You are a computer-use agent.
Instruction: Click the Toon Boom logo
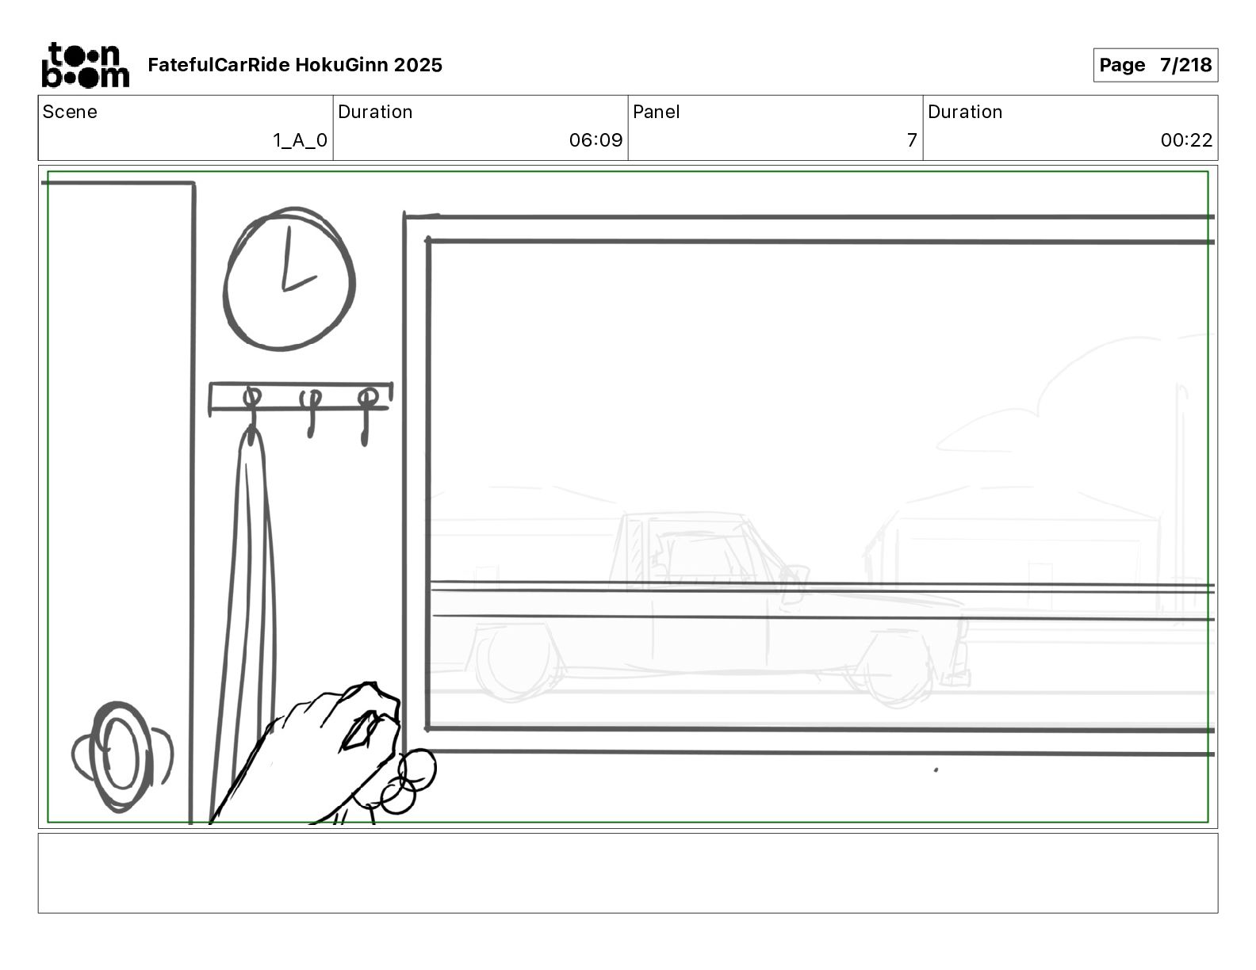(86, 65)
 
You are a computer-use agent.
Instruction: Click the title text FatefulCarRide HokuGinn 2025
(295, 65)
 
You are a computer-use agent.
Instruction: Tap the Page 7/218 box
(1155, 65)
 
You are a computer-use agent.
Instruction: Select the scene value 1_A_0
(300, 139)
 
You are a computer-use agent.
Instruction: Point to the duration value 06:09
(596, 139)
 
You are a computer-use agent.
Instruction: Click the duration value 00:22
(1186, 139)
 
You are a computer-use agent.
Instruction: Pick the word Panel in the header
(656, 112)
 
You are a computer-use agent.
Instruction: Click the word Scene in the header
(70, 112)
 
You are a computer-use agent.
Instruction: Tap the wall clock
(289, 278)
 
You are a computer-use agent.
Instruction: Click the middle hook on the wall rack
(311, 413)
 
